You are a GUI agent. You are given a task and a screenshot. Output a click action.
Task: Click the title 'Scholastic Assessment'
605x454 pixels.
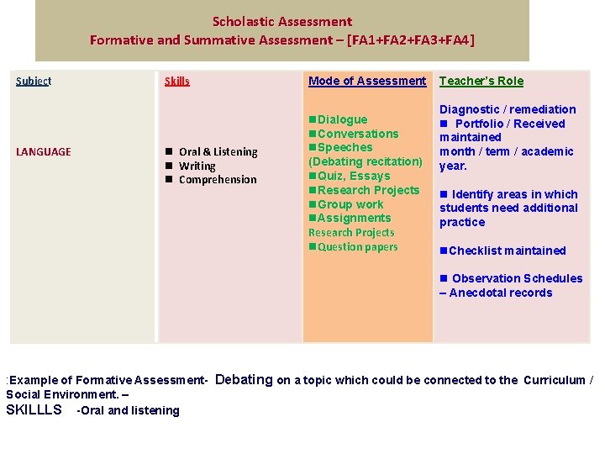pyautogui.click(x=282, y=22)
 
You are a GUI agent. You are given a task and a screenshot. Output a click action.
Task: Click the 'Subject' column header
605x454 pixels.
pyautogui.click(x=34, y=81)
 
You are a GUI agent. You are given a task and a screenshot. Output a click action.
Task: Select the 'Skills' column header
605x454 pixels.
pyautogui.click(x=177, y=81)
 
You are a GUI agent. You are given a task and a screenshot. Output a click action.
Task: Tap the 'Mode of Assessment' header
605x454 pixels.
pyautogui.click(x=367, y=81)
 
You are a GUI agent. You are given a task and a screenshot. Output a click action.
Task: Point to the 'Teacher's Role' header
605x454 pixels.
pyautogui.click(x=481, y=81)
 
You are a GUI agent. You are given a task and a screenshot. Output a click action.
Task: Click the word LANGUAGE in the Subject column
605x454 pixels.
pyautogui.click(x=44, y=151)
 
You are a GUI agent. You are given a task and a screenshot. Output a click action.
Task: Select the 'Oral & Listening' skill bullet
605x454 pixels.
pyautogui.click(x=218, y=151)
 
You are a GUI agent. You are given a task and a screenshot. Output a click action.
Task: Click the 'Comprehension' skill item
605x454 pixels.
pyautogui.click(x=218, y=179)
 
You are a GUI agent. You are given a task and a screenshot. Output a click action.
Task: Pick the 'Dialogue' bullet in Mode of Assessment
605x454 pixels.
pyautogui.click(x=342, y=119)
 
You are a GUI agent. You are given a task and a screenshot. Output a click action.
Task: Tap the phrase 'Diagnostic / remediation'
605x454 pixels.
pyautogui.click(x=508, y=109)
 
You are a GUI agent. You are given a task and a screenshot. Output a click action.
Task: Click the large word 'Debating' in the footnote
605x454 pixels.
pyautogui.click(x=245, y=379)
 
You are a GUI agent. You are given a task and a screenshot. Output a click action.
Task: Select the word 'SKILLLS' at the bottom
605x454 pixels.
pyautogui.click(x=34, y=409)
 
